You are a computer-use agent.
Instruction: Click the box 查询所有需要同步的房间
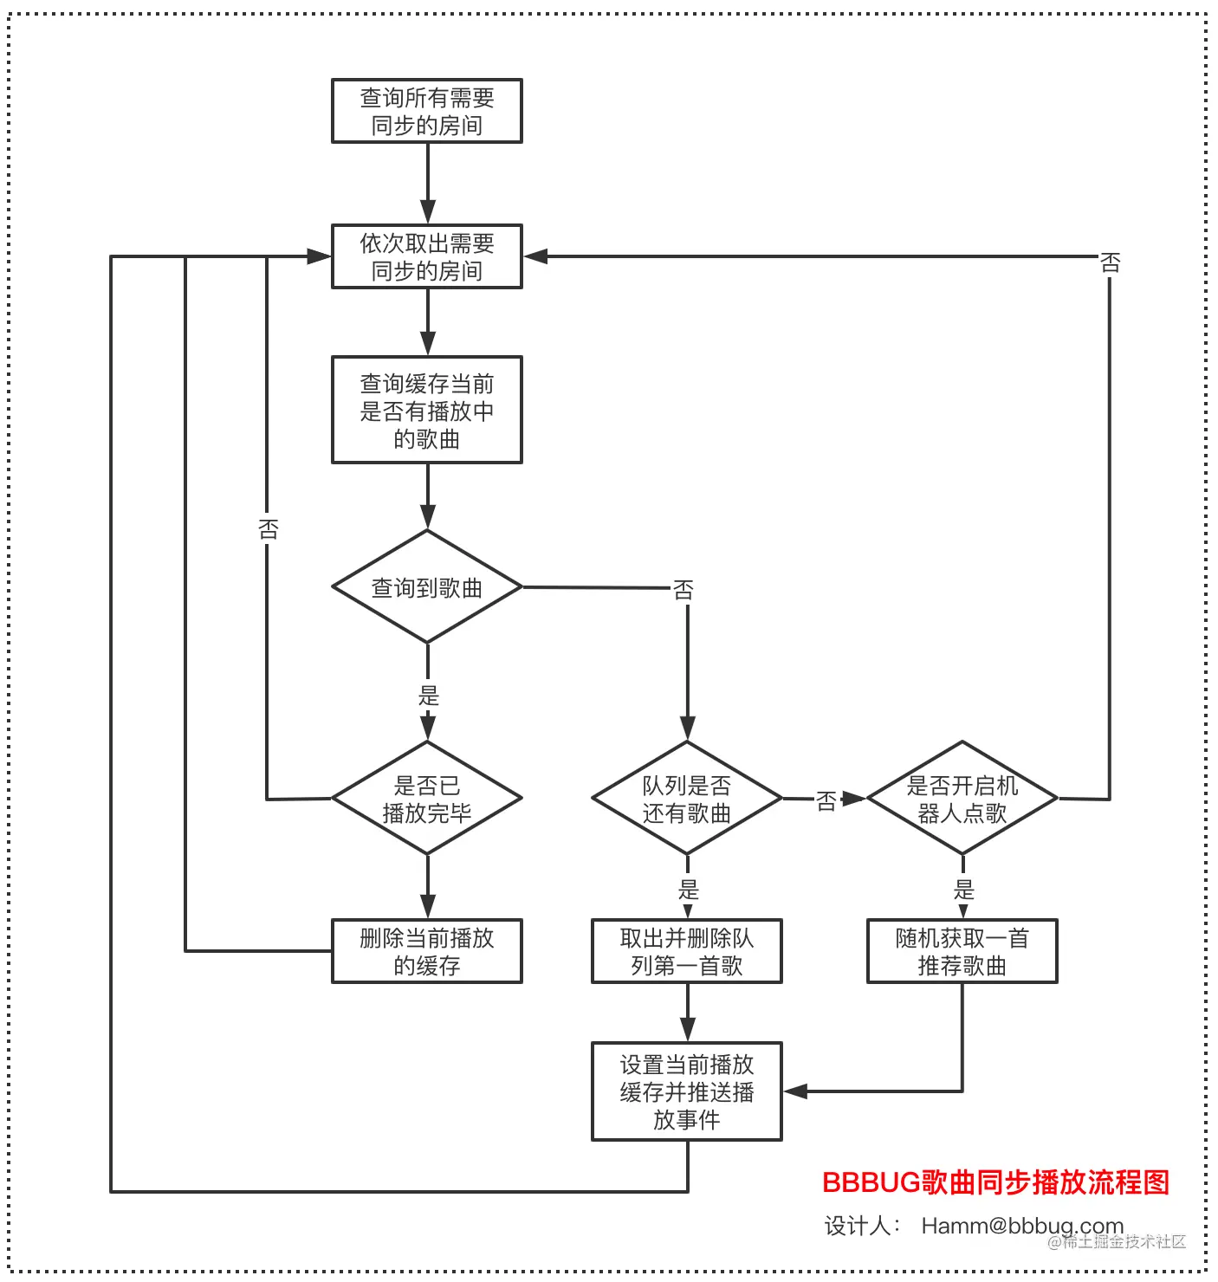[x=426, y=111]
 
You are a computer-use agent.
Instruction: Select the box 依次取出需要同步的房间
[x=426, y=256]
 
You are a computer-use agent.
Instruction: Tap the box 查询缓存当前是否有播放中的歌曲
[x=426, y=410]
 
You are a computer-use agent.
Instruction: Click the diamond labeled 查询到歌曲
[x=426, y=587]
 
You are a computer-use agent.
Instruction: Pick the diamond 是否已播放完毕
[x=426, y=798]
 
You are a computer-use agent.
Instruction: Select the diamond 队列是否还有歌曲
[x=686, y=798]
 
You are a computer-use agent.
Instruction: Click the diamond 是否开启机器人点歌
[x=962, y=798]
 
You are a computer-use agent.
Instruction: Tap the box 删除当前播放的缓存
[x=426, y=951]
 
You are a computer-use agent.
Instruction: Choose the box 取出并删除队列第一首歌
[x=686, y=951]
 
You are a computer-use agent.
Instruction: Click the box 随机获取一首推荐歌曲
[x=962, y=951]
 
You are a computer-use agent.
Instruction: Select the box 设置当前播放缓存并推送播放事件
[x=686, y=1091]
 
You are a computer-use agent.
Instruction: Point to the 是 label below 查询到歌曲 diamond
[x=428, y=695]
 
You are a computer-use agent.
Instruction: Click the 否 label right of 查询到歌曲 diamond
[x=684, y=591]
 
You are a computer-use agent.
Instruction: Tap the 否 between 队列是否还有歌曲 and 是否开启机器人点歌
[x=826, y=801]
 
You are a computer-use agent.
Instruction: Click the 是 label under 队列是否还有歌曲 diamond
[x=688, y=889]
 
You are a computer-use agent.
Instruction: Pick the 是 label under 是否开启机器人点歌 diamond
[x=963, y=889]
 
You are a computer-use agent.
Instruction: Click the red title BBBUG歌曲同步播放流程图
[x=995, y=1182]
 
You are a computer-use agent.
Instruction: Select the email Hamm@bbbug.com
[x=1022, y=1226]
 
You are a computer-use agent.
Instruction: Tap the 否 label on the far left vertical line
[x=268, y=529]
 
